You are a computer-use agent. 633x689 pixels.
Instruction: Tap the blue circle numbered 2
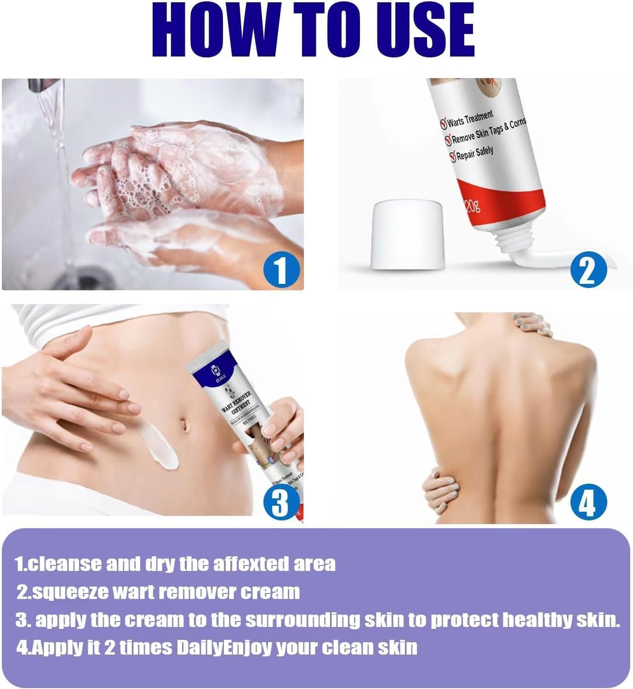pyautogui.click(x=588, y=271)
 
